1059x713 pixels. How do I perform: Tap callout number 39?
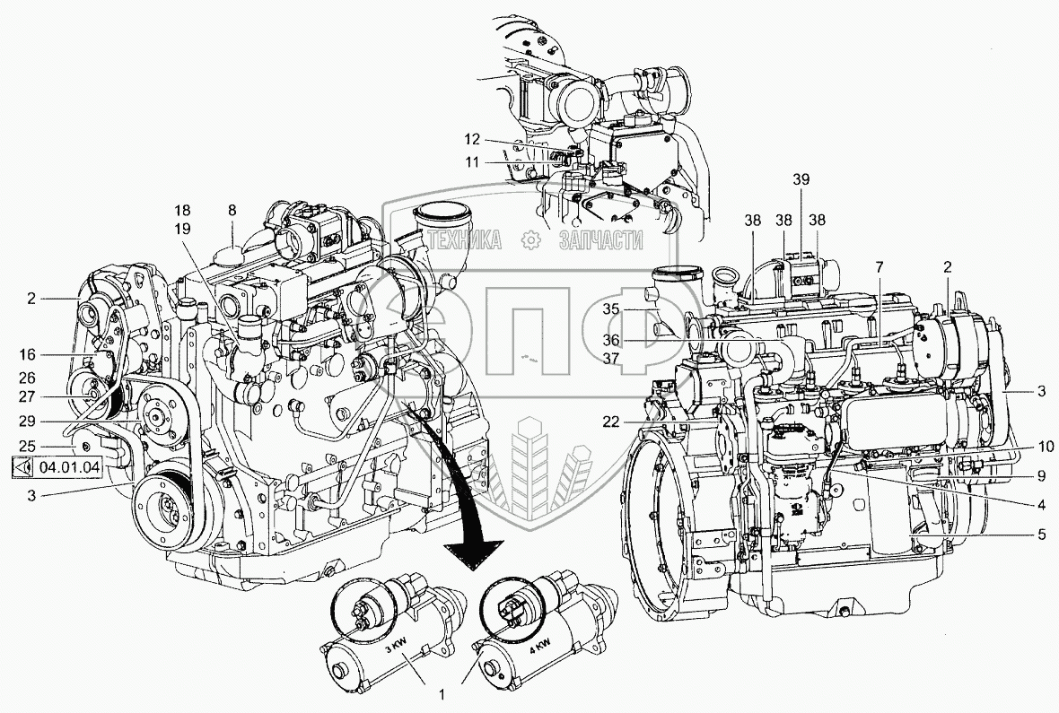click(x=800, y=179)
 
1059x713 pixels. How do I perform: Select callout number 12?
click(x=473, y=139)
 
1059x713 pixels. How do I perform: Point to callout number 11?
click(x=473, y=161)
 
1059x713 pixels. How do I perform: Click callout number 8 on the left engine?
click(x=232, y=211)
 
